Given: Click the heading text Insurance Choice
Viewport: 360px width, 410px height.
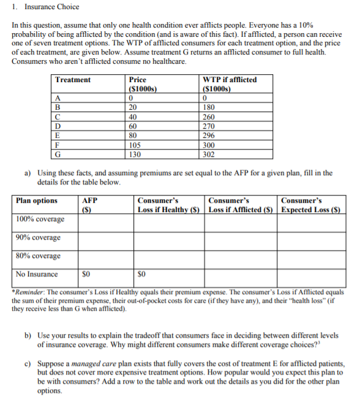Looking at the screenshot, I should pos(44,7).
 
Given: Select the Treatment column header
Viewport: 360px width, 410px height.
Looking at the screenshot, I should pos(73,80).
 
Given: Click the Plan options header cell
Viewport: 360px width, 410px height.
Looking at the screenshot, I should pos(37,200).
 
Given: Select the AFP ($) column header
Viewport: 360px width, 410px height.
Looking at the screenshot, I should pos(89,205).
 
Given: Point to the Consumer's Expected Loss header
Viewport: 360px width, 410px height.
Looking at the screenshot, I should pos(310,205).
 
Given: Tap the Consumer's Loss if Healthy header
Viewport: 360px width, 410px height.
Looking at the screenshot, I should pos(168,205).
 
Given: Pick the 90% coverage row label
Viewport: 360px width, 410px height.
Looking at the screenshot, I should pos(37,238).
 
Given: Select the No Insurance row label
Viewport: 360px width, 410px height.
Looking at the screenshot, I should pos(37,275).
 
